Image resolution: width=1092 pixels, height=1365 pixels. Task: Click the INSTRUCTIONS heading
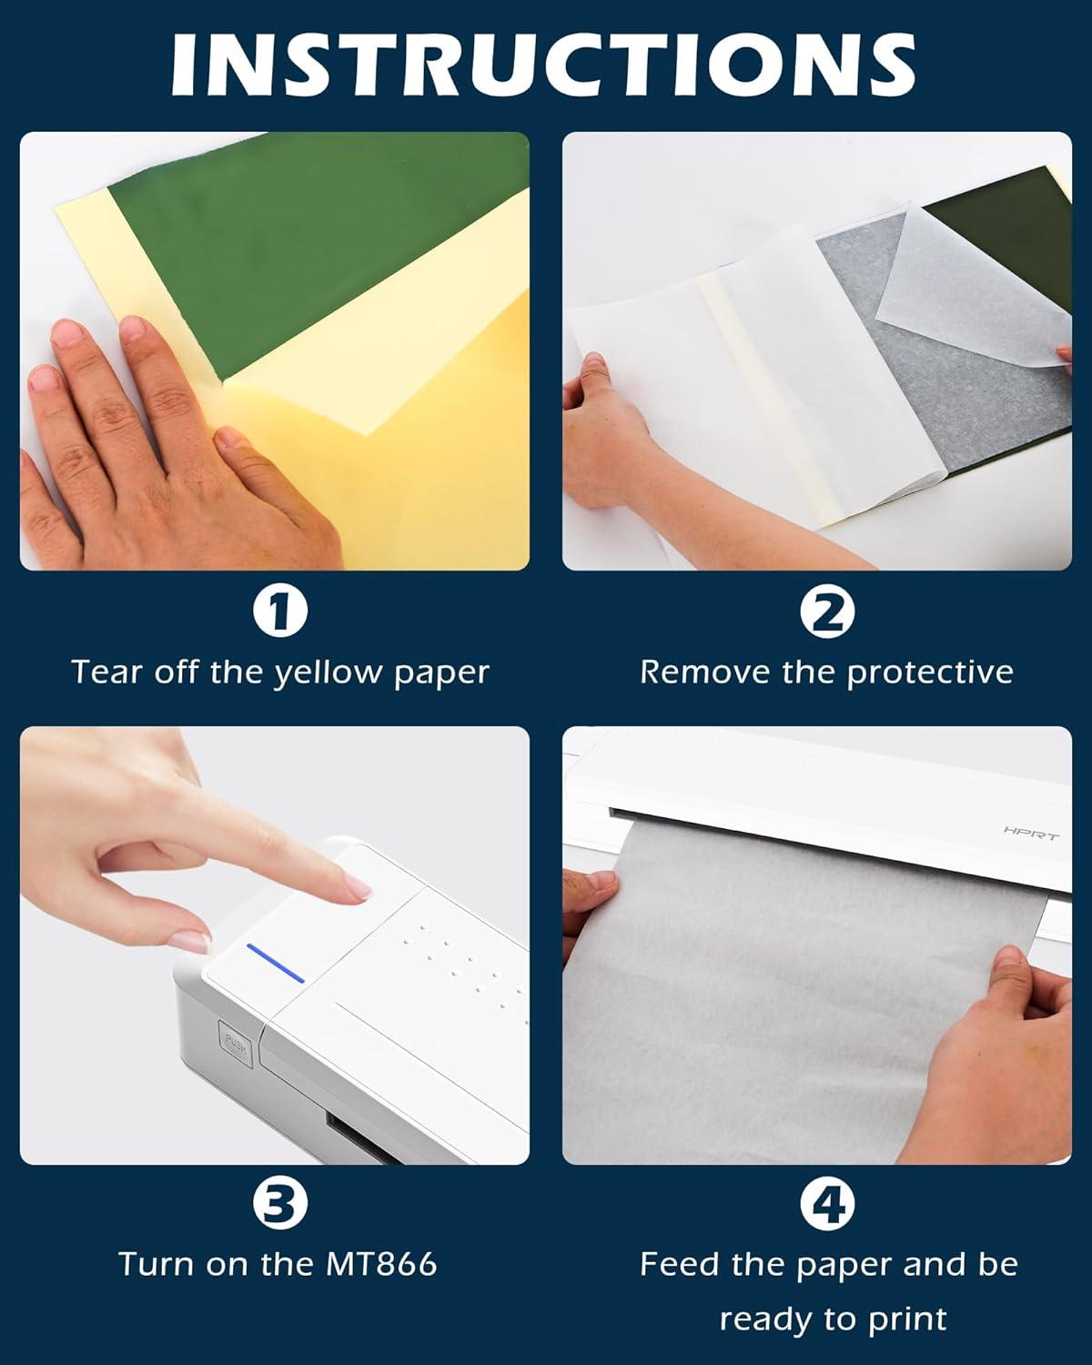543,64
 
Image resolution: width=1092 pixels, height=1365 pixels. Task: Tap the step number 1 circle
280,611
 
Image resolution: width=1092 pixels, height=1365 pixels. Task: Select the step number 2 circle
827,611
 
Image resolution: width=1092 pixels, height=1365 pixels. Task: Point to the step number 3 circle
280,1203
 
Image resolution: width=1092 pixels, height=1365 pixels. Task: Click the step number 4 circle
827,1203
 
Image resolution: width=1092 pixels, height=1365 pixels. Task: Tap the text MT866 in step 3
382,1263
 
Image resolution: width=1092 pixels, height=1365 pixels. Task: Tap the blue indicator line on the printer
276,963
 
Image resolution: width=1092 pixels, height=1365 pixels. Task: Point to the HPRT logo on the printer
1031,833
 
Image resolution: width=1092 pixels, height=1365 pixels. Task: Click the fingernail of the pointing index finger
358,886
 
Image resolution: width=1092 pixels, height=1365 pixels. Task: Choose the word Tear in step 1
107,672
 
